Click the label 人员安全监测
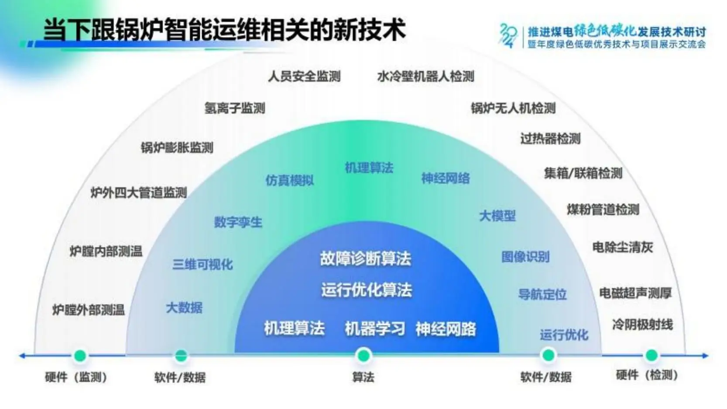pos(304,76)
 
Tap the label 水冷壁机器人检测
pos(425,76)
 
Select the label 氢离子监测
pos(235,108)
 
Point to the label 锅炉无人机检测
pos(513,108)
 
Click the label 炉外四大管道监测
pos(139,192)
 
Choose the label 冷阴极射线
pos(642,324)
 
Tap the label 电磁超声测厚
pos(635,293)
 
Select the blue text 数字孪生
pos(238,222)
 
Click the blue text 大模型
pos(497,216)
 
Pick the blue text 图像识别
pos(525,257)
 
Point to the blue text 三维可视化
pos(202,264)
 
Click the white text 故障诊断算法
pos(366,258)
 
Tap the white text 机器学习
pos(375,329)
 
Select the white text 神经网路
pos(446,329)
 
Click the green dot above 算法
pos(363,356)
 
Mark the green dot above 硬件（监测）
pos(80,356)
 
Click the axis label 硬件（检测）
pos(647,375)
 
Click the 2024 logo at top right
pos(509,34)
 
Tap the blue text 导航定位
pos(542,294)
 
